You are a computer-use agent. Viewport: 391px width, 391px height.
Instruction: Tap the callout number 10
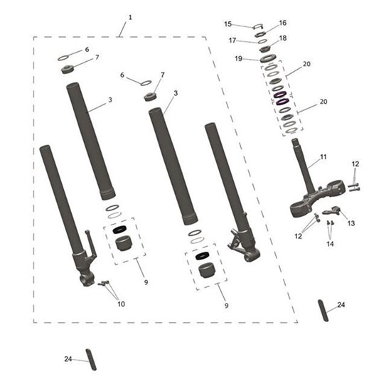121,304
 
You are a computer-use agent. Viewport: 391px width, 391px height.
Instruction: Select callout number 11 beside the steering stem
323,157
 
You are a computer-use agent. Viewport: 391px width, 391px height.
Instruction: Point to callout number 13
351,223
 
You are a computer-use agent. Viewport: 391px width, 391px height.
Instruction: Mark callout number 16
283,23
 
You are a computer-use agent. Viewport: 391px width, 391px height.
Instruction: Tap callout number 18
283,38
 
